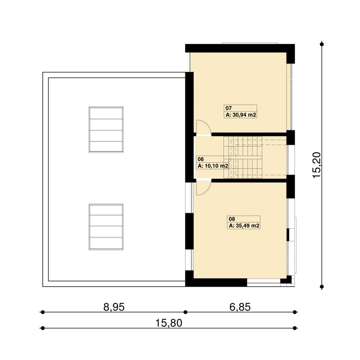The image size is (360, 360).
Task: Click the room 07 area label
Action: point(240,111)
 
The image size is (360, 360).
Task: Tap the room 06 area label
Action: point(212,162)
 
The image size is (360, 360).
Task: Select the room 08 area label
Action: point(243,222)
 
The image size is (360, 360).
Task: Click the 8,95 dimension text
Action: point(114,307)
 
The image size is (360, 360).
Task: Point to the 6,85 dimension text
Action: point(240,307)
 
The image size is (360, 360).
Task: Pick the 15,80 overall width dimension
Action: point(169,323)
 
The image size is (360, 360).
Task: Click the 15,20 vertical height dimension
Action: point(317,165)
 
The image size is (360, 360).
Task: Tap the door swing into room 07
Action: point(204,128)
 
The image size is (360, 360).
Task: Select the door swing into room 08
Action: point(204,188)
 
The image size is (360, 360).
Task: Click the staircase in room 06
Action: point(243,157)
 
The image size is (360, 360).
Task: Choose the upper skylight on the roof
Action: point(106,130)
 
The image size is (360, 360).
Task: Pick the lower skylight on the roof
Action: point(106,227)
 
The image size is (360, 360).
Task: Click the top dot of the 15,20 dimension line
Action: point(322,44)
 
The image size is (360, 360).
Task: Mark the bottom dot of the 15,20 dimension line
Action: point(322,287)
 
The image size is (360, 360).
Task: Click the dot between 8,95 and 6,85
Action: point(185,312)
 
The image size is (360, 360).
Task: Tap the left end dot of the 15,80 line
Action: point(42,328)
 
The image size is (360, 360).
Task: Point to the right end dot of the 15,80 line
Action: point(295,328)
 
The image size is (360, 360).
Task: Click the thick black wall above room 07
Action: point(240,48)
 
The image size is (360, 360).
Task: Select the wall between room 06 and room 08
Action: point(249,180)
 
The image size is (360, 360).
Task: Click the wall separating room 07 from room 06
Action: point(249,134)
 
